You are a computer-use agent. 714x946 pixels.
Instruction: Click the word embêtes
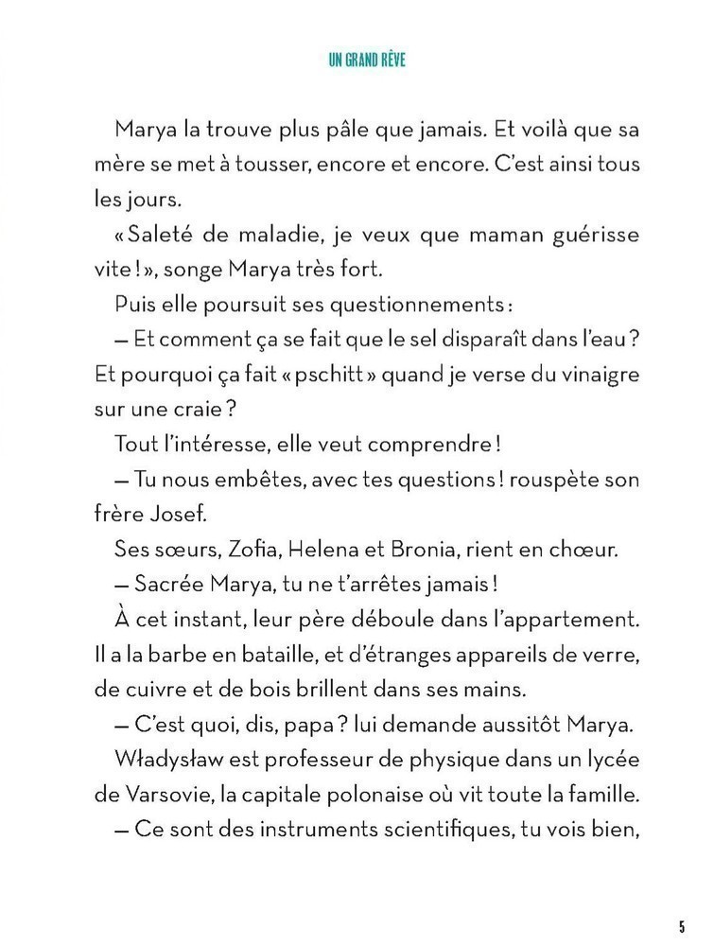[253, 480]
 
